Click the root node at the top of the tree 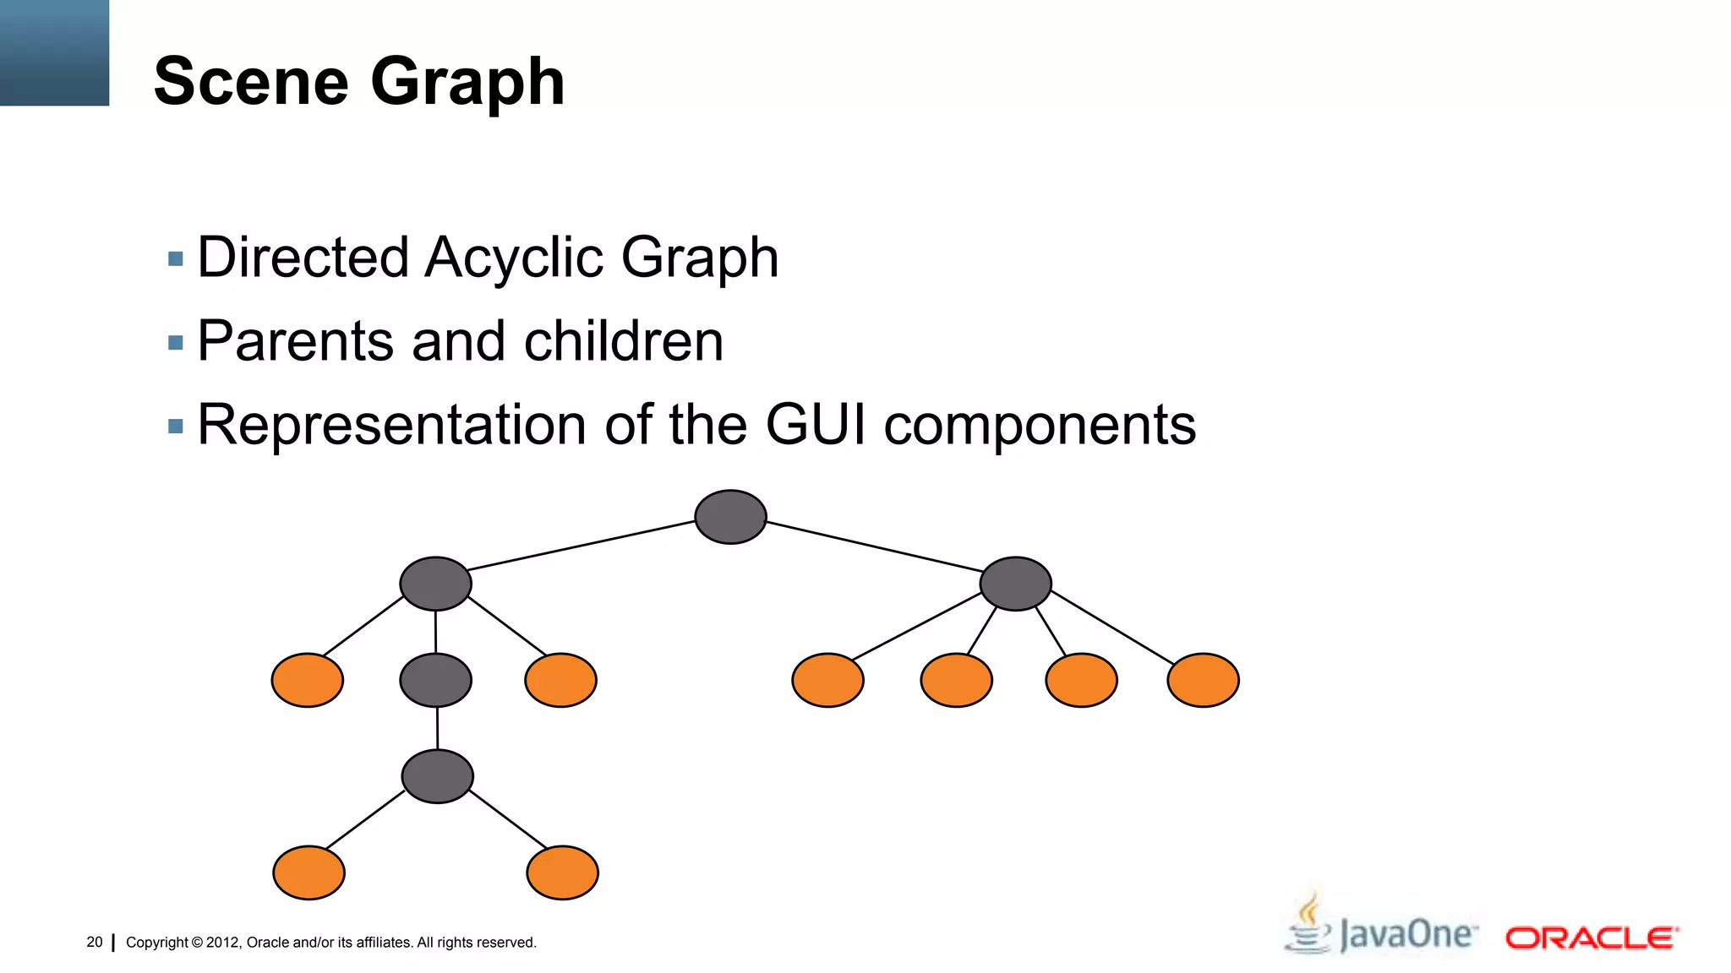pyautogui.click(x=730, y=517)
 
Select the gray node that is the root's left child pyautogui.click(x=435, y=584)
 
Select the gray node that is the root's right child pyautogui.click(x=1015, y=584)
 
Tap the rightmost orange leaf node pyautogui.click(x=1203, y=680)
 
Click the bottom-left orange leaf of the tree pyautogui.click(x=309, y=872)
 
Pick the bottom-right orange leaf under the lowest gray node pyautogui.click(x=562, y=872)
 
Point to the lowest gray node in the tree pyautogui.click(x=437, y=776)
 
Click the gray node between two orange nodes pyautogui.click(x=435, y=680)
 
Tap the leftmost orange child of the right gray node pyautogui.click(x=827, y=680)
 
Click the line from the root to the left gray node pyautogui.click(x=582, y=546)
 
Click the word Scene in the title pyautogui.click(x=251, y=82)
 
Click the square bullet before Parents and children pyautogui.click(x=176, y=343)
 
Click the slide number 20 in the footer pyautogui.click(x=95, y=942)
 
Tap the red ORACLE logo pyautogui.click(x=1591, y=938)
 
